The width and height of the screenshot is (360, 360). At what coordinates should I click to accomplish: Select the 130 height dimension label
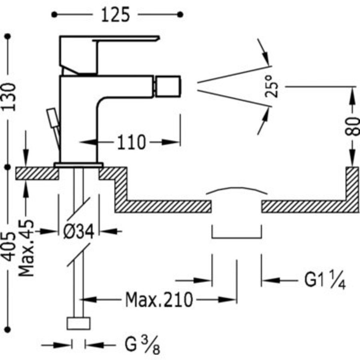pyautogui.click(x=8, y=97)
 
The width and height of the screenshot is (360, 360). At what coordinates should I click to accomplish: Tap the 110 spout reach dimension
pyautogui.click(x=131, y=142)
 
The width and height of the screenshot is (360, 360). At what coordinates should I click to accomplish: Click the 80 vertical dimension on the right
pyautogui.click(x=352, y=127)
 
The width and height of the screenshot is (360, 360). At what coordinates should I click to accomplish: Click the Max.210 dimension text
pyautogui.click(x=159, y=299)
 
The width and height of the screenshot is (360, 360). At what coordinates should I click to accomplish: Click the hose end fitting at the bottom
pyautogui.click(x=78, y=323)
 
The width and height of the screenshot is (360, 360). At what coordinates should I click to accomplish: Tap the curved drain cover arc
pyautogui.click(x=236, y=190)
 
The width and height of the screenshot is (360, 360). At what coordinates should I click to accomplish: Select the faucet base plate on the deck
pyautogui.click(x=78, y=164)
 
